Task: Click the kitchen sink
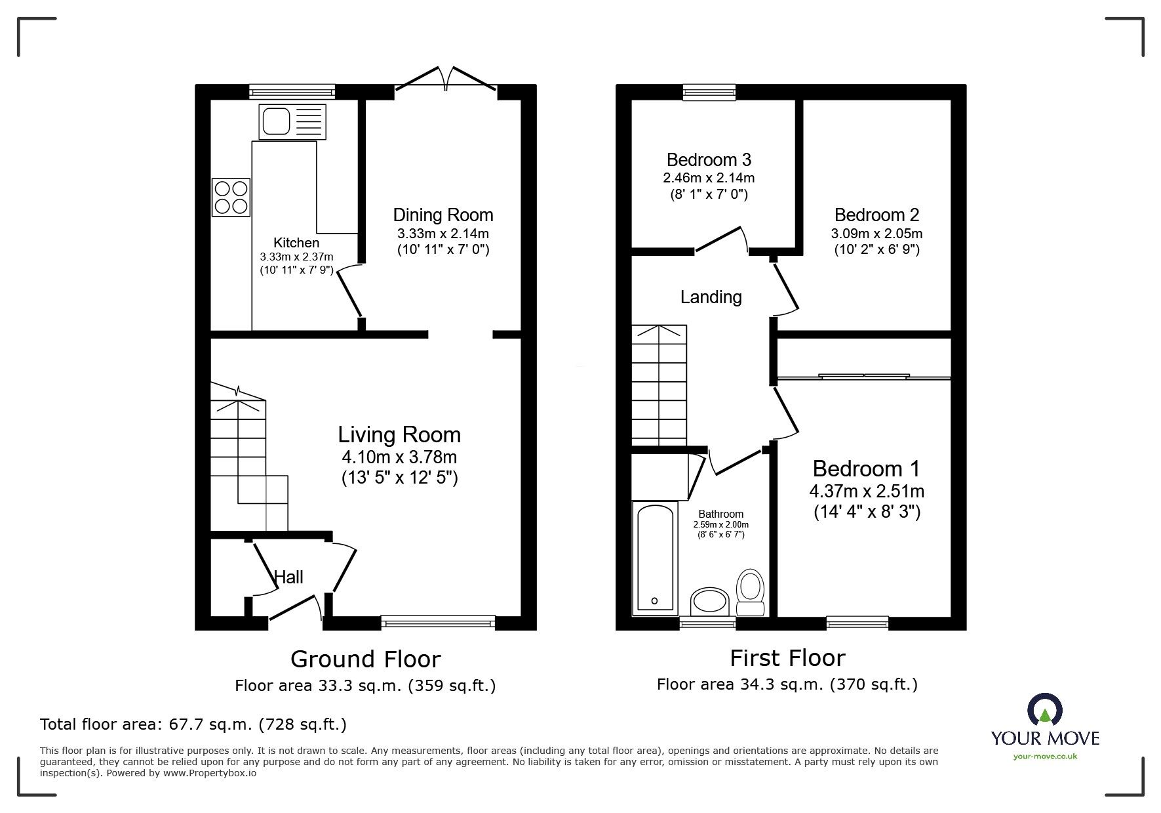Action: coord(292,121)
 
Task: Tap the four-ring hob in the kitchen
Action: coord(231,198)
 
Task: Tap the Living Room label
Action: coord(399,434)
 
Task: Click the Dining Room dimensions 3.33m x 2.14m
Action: coord(443,234)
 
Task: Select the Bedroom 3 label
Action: coord(709,159)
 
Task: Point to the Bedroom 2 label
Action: coord(876,215)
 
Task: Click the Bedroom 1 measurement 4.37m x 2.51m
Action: coord(867,491)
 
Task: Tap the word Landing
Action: coord(711,297)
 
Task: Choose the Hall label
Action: coord(288,577)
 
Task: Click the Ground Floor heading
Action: coord(365,659)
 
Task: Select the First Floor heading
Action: coord(787,657)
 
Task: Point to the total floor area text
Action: coord(193,724)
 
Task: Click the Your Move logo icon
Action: coord(1044,711)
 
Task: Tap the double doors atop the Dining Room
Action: coord(446,77)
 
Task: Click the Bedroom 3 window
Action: coord(709,93)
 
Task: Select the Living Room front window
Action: coord(438,622)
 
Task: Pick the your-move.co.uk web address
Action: coord(1045,757)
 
